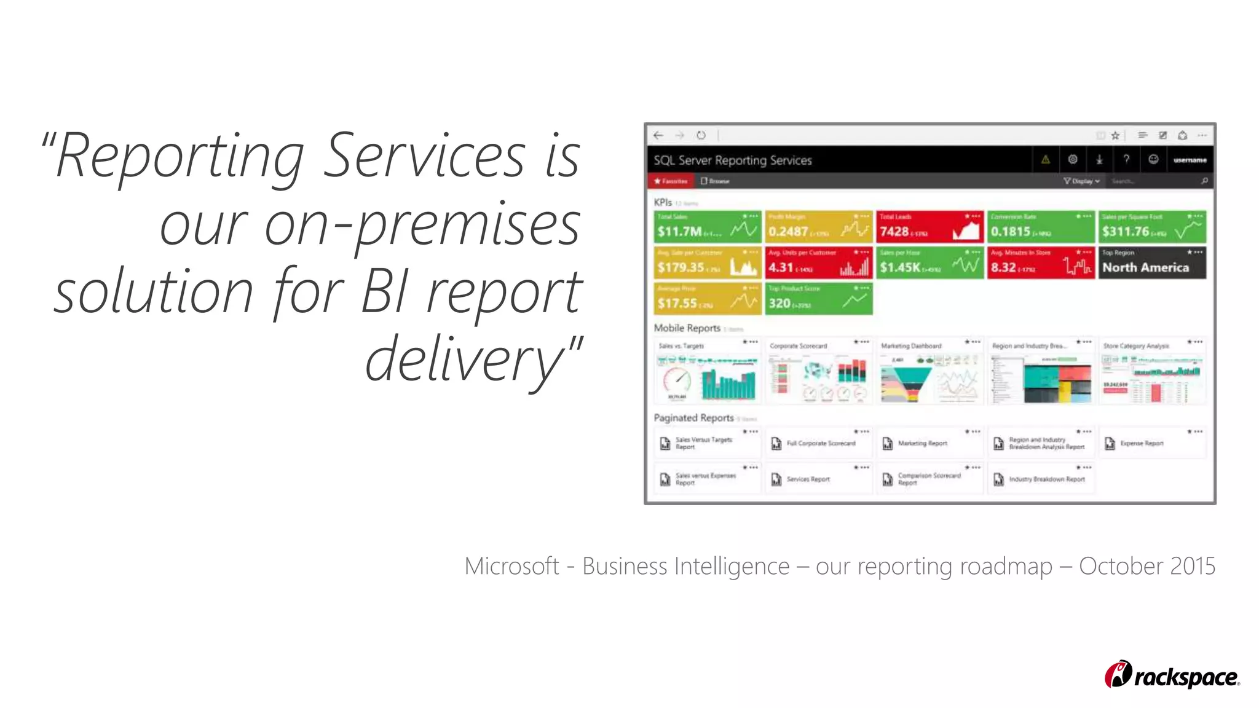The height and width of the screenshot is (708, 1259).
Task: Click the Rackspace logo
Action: [1171, 675]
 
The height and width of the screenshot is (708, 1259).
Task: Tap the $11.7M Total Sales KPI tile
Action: [707, 227]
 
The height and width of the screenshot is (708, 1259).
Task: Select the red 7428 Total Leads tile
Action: [929, 227]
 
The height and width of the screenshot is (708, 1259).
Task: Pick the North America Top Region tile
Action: [1151, 263]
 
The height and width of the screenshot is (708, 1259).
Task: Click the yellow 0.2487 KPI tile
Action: [818, 227]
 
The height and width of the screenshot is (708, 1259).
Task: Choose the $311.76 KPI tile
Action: [1151, 227]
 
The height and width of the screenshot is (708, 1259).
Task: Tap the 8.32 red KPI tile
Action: [1040, 263]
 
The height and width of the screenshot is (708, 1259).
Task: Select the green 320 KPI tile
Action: [818, 299]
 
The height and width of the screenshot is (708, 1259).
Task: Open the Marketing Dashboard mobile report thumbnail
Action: [929, 371]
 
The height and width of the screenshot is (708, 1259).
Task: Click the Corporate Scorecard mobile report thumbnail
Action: [818, 371]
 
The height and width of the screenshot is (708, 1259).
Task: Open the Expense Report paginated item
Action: [1142, 443]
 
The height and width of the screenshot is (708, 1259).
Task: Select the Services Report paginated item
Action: [808, 479]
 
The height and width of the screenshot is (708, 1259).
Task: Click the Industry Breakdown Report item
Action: [1046, 479]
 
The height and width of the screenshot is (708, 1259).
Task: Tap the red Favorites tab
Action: [671, 181]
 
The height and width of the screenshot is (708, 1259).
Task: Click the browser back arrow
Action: [658, 135]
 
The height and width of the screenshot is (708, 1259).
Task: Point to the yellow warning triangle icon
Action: [1045, 160]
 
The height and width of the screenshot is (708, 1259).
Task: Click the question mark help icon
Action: [1126, 160]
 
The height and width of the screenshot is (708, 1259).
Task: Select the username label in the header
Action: [1190, 160]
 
